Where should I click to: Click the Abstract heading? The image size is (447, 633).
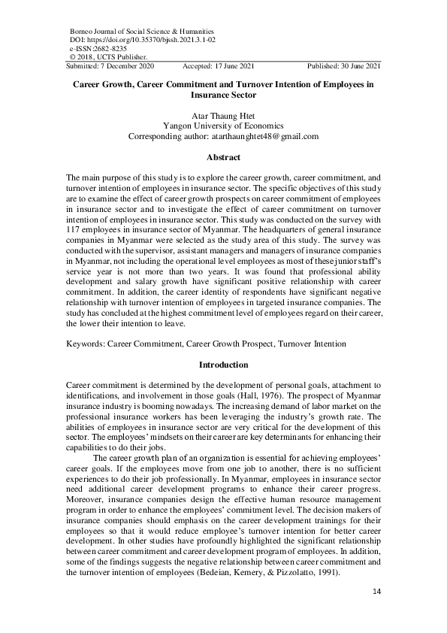coord(223,157)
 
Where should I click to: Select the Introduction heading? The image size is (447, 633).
coord(223,365)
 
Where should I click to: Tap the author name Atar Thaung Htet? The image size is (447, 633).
coord(223,116)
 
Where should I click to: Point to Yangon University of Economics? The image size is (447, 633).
coord(223,126)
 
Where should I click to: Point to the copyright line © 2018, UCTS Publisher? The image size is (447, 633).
coord(108,56)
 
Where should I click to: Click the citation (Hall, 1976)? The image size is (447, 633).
coord(257,394)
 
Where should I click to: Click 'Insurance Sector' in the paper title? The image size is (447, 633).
coord(223,95)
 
